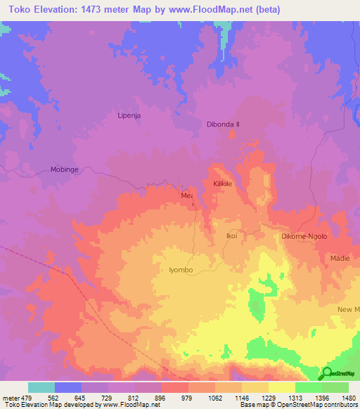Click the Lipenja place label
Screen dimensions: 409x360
point(129,113)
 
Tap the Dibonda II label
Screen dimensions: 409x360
point(223,124)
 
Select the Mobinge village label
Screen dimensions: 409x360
point(67,169)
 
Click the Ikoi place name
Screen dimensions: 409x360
point(231,236)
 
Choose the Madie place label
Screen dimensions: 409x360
point(340,259)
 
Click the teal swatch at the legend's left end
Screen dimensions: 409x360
point(41,387)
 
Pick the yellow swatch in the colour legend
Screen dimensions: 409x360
point(281,387)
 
